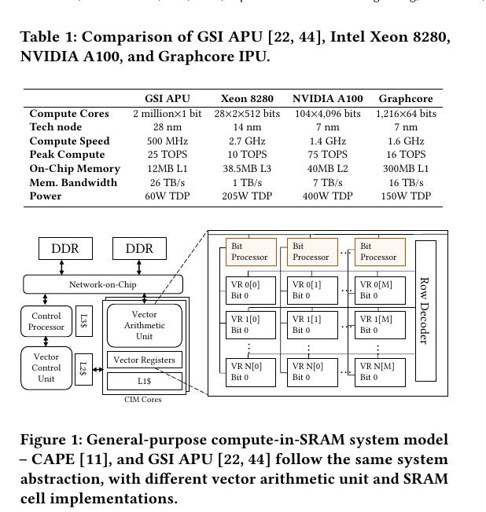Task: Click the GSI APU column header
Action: pos(167,99)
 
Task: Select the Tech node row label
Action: pos(56,127)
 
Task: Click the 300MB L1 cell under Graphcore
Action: pos(405,169)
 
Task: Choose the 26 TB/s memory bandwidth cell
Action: pos(167,183)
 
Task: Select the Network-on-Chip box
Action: pos(101,284)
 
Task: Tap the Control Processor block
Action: pos(46,322)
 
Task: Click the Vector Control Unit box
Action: pos(46,368)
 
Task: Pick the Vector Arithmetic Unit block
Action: pos(145,325)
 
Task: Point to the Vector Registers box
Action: pos(145,360)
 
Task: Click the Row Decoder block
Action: pos(425,310)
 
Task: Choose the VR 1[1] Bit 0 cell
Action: pos(311,325)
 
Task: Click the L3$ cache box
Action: pos(83,321)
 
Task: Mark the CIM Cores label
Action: pos(143,400)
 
